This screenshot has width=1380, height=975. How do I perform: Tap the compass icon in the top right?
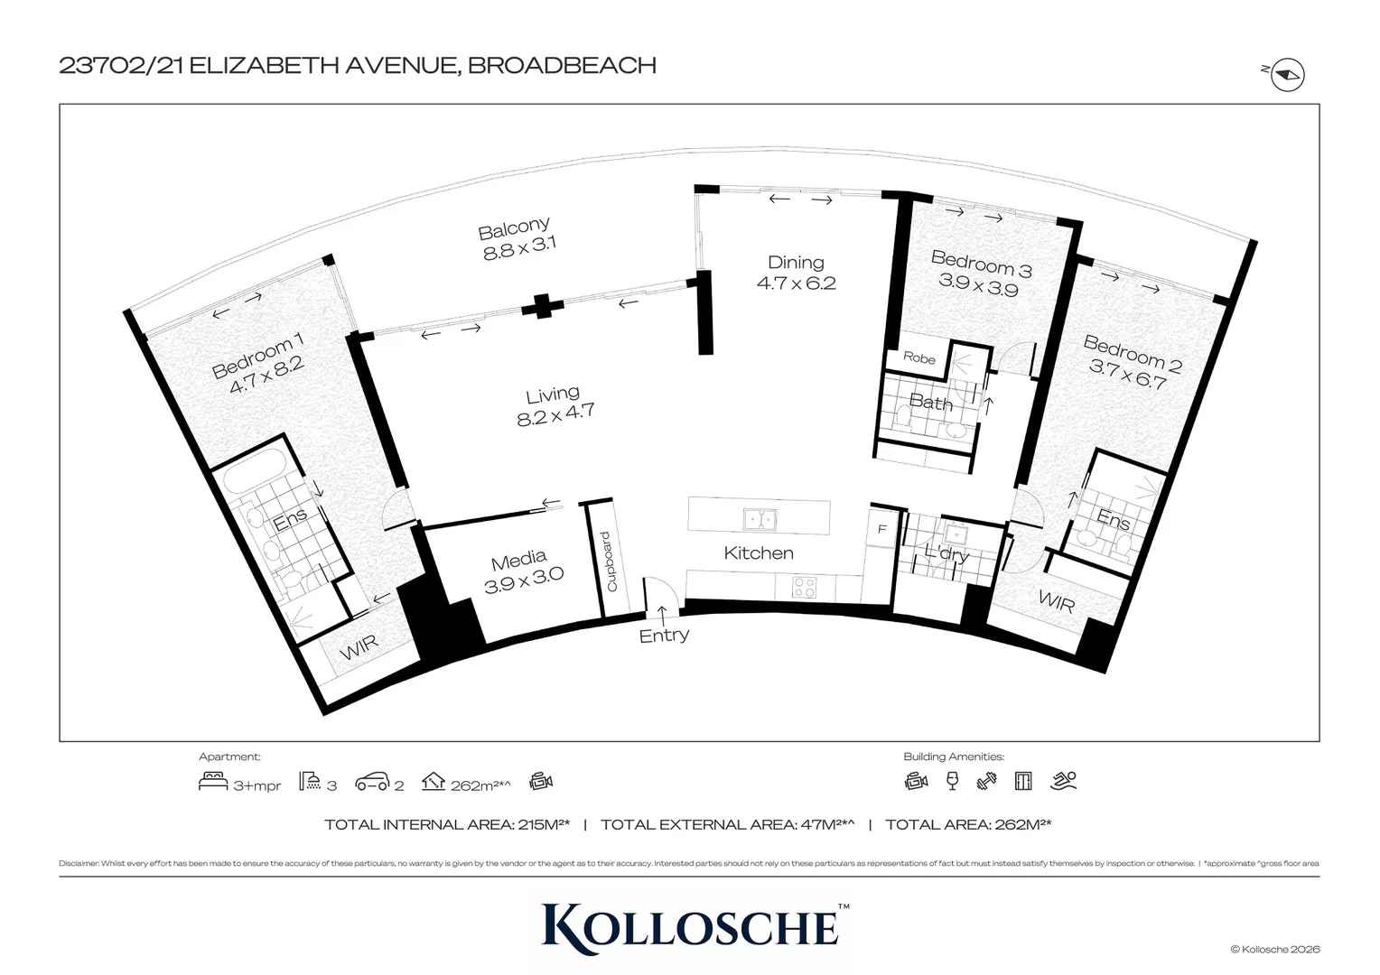[1288, 76]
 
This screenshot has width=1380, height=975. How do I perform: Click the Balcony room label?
[514, 239]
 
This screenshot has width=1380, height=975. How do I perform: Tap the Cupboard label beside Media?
[608, 562]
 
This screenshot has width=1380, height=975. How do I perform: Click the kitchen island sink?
[759, 519]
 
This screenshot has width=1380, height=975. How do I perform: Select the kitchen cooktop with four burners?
[804, 587]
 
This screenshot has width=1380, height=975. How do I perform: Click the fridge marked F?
[882, 530]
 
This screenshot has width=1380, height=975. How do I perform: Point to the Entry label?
[664, 636]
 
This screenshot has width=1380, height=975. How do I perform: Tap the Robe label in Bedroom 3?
[919, 358]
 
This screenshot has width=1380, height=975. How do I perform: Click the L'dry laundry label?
[946, 553]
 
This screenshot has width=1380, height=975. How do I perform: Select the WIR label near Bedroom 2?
[1056, 600]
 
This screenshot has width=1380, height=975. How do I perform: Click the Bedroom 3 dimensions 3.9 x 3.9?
[978, 290]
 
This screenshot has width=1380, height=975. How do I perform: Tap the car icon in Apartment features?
[373, 782]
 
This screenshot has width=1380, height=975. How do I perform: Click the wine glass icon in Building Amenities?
[952, 781]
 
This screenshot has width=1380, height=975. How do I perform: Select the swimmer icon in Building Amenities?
[1064, 781]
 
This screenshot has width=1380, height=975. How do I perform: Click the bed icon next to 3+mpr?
[213, 782]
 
